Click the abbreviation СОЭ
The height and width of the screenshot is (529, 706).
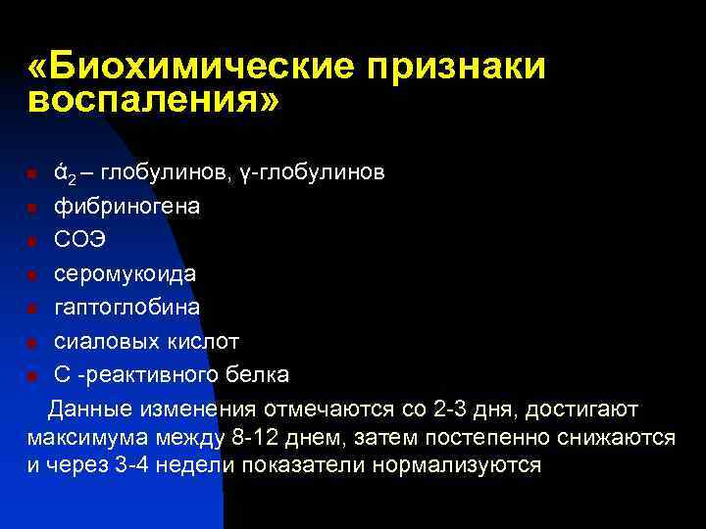point(79,240)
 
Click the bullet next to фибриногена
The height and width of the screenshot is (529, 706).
point(31,209)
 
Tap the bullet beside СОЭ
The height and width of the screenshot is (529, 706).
point(31,242)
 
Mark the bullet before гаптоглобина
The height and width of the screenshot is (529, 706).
point(31,309)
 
